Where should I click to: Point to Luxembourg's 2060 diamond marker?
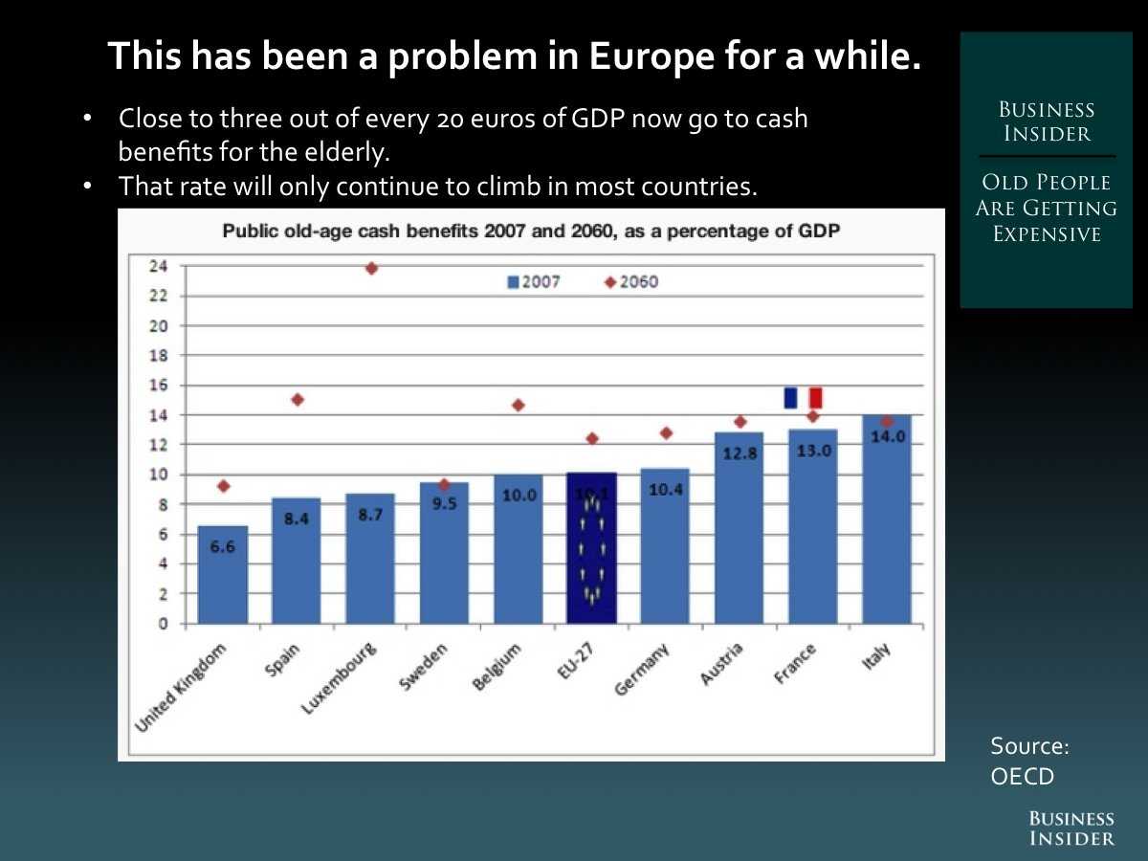(371, 268)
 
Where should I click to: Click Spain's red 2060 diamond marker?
(298, 400)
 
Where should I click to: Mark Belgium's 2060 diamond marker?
(519, 405)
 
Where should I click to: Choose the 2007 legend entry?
(534, 282)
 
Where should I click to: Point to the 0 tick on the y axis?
(164, 624)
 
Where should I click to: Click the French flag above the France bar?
(803, 398)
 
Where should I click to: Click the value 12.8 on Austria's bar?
(740, 453)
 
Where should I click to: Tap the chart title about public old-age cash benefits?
(531, 231)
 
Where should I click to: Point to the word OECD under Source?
(1022, 776)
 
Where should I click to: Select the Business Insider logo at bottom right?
(1071, 828)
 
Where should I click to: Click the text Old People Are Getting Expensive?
(1046, 209)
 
